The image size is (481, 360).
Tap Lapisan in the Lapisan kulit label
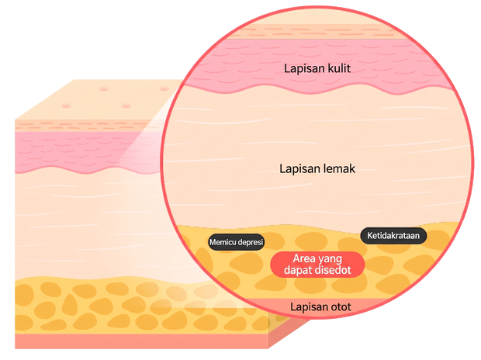[304, 69]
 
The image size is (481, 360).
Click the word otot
[341, 307]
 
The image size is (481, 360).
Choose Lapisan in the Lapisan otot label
[309, 307]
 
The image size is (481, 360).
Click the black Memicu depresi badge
[236, 242]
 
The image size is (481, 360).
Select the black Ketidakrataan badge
[393, 236]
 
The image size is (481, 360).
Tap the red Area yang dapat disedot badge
[317, 265]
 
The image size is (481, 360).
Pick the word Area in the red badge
[303, 258]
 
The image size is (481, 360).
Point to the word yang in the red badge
[330, 259]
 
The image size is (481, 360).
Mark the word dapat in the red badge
[296, 271]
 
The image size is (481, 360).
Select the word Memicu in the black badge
[223, 242]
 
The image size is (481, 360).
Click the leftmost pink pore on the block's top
[66, 106]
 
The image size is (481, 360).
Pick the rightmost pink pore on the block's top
[164, 89]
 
